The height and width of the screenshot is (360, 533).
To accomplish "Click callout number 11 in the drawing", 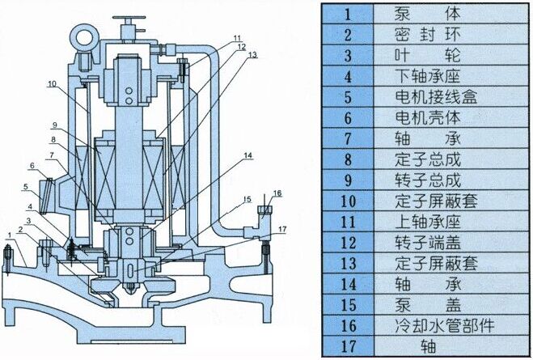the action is tap(237, 38).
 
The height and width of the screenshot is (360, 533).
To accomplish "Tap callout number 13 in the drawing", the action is tap(252, 55).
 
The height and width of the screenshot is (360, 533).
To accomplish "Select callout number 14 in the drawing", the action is tap(248, 155).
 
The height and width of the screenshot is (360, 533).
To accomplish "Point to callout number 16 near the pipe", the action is tap(277, 193).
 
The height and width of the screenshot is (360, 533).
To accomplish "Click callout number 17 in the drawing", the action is tap(282, 229).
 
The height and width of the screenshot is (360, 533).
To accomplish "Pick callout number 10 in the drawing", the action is tap(52, 83).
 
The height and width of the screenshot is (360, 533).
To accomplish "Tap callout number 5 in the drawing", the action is tap(26, 186).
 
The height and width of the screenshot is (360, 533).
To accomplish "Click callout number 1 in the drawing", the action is tap(10, 235).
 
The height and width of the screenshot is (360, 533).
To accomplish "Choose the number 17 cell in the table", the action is tap(348, 346).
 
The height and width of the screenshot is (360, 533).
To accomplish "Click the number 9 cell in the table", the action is tap(348, 180).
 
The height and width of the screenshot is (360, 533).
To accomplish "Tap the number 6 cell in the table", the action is tap(348, 117).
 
